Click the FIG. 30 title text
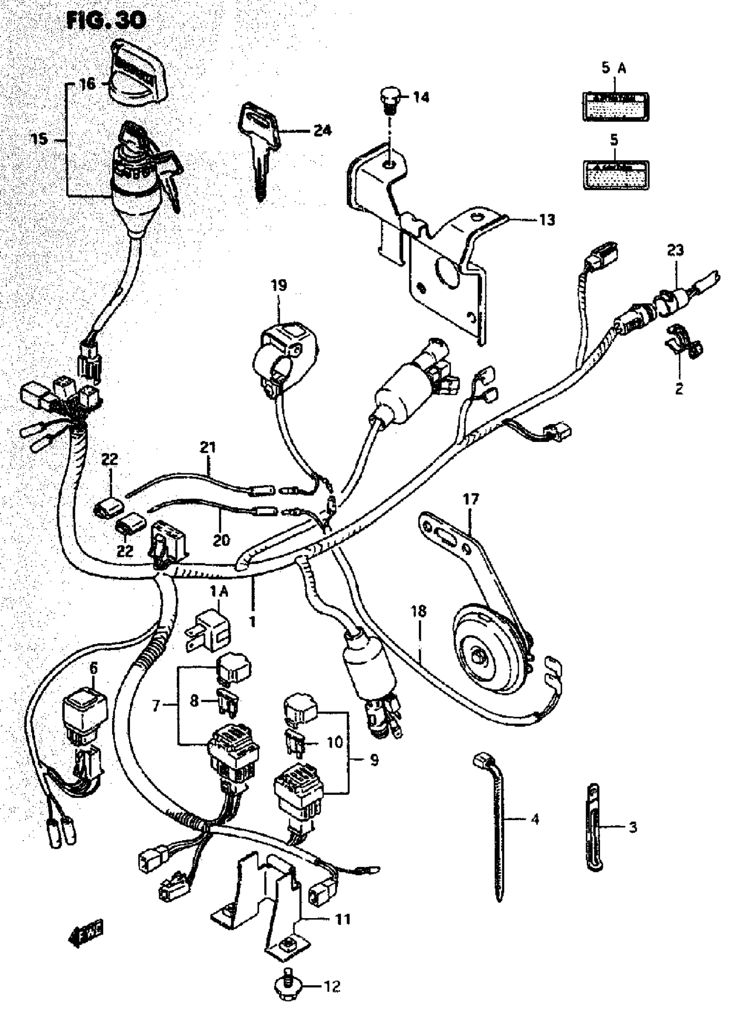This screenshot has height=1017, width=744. (106, 20)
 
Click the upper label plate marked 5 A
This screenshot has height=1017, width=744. (616, 107)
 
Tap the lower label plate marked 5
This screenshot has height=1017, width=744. (616, 174)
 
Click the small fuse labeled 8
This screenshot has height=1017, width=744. (228, 700)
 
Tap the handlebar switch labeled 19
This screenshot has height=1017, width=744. (284, 356)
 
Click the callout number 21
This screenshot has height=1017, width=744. (207, 448)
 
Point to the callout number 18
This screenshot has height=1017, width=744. (419, 611)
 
